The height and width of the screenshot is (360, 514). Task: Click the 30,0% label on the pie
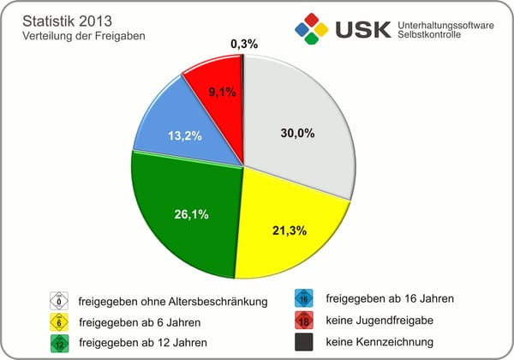click(298, 133)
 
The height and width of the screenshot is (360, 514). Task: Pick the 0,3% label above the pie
click(245, 44)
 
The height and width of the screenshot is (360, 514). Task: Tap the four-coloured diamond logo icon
click(312, 29)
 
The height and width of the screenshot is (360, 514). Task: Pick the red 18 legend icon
click(302, 321)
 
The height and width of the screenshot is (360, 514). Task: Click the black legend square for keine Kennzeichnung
click(302, 342)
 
